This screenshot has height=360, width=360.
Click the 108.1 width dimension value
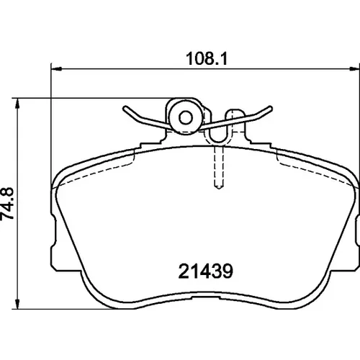[x=207, y=58]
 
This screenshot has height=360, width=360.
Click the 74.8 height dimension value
[x=8, y=204]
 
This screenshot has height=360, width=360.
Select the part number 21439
[x=206, y=271]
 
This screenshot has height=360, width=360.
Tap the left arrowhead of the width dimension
[x=57, y=69]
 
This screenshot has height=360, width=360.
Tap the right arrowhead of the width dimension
[x=354, y=69]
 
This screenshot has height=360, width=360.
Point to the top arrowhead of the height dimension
[x=17, y=104]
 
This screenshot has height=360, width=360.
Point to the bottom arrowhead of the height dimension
[x=17, y=304]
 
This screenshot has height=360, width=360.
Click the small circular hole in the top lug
[x=186, y=117]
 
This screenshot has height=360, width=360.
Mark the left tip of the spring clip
[x=125, y=108]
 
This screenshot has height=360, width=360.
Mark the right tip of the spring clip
[x=271, y=108]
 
